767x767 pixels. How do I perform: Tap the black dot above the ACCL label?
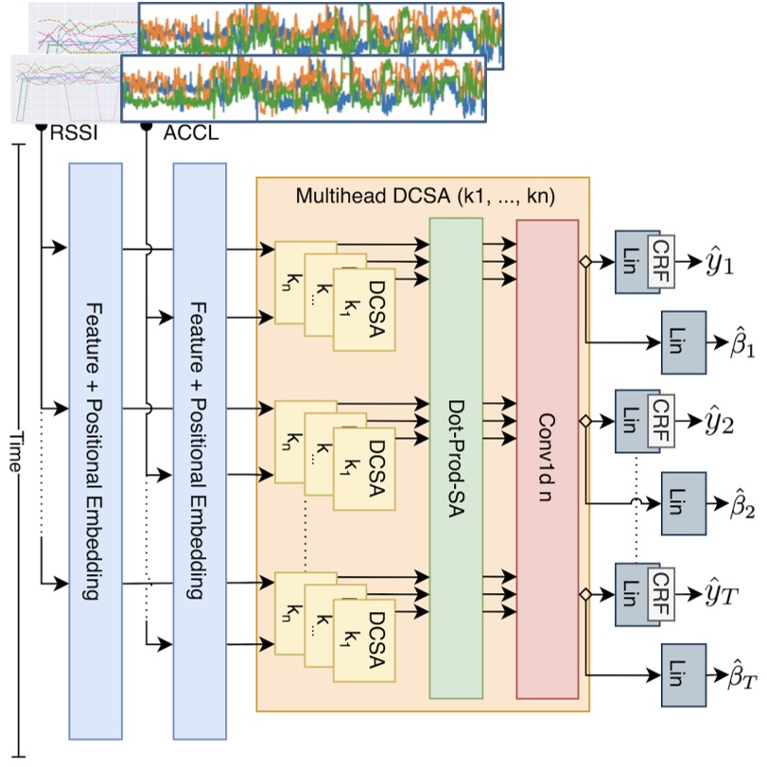[x=146, y=125]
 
